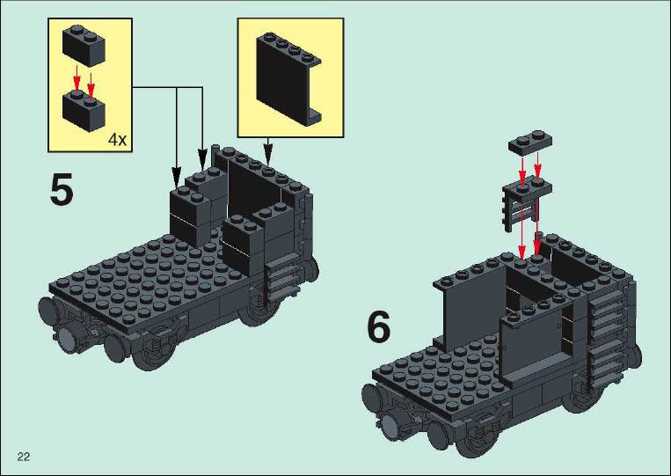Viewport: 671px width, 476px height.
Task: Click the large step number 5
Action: coord(62,189)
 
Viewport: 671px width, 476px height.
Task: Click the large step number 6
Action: coord(379,326)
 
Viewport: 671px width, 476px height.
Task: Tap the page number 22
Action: coord(24,457)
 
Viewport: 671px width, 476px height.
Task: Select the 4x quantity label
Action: coord(117,139)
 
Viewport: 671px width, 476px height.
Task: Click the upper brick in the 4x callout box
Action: coord(84,46)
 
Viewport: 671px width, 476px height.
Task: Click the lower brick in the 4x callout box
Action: coord(84,111)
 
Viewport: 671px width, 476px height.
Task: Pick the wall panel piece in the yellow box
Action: coord(288,79)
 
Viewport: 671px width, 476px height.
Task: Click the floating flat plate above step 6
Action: coord(530,143)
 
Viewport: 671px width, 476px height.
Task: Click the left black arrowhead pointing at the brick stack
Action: coord(176,178)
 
